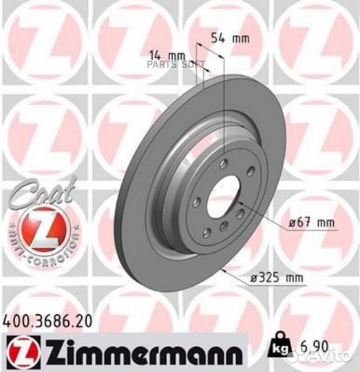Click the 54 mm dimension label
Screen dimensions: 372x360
(x=229, y=39)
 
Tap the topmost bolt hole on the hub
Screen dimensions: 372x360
(x=224, y=164)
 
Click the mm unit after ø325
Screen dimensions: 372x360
(x=294, y=278)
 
